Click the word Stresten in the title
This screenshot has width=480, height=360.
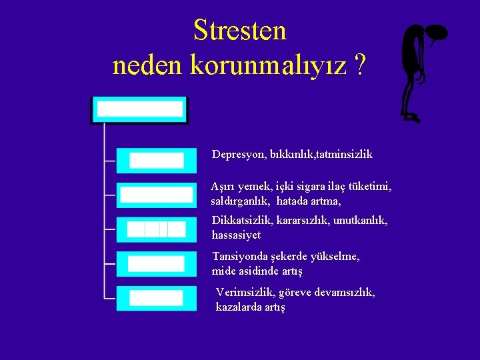(239, 31)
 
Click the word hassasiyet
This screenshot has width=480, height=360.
(236, 235)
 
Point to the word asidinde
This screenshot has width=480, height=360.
(257, 271)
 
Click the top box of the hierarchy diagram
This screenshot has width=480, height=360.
(140, 110)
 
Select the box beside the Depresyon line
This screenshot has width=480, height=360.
(157, 161)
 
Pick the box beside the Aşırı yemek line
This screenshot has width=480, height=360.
(157, 195)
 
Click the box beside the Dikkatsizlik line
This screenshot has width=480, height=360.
(157, 229)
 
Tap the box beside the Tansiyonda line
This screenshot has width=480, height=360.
(157, 263)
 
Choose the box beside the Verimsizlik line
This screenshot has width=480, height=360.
(157, 298)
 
